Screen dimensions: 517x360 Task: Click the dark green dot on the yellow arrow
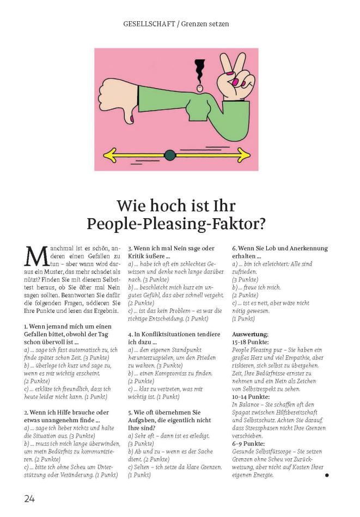pyautogui.click(x=170, y=156)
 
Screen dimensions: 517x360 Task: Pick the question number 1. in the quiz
pyautogui.click(x=26, y=327)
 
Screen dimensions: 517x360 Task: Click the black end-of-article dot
pyautogui.click(x=327, y=475)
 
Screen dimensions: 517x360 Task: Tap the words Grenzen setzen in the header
pyautogui.click(x=205, y=24)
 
